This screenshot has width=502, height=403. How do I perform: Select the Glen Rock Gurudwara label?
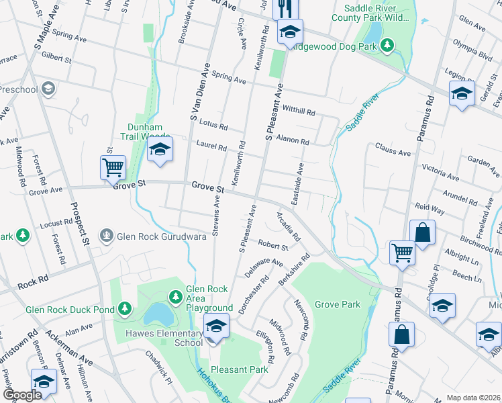[x=161, y=236]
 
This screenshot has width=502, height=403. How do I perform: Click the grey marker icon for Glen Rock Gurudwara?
[x=106, y=236]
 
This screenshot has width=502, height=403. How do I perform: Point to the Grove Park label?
[x=338, y=304]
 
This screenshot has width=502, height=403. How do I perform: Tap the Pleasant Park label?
[x=240, y=369]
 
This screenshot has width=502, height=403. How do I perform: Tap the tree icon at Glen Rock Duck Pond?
[x=124, y=308]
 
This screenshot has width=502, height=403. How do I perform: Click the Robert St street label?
[x=273, y=247]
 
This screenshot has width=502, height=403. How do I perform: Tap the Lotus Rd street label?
[x=214, y=126]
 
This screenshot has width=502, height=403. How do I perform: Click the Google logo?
[x=22, y=396]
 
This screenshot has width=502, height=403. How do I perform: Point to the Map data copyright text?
[x=474, y=398]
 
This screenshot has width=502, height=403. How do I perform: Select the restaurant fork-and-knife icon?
[x=285, y=8]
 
